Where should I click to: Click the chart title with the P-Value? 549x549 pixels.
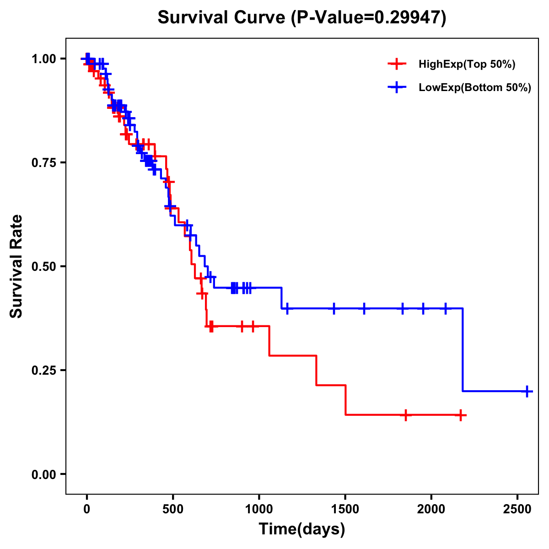pyautogui.click(x=301, y=17)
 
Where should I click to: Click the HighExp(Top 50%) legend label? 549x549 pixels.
pyautogui.click(x=467, y=65)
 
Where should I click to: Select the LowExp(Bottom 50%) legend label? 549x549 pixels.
pyautogui.click(x=475, y=88)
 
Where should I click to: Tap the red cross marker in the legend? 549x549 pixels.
pyautogui.click(x=397, y=65)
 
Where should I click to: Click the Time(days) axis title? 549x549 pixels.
pyautogui.click(x=302, y=529)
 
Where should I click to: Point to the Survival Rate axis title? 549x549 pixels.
pyautogui.click(x=16, y=266)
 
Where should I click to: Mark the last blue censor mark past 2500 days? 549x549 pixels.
pyautogui.click(x=527, y=392)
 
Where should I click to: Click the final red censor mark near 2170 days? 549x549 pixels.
pyautogui.click(x=461, y=415)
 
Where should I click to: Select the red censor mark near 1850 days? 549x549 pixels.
pyautogui.click(x=405, y=415)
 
